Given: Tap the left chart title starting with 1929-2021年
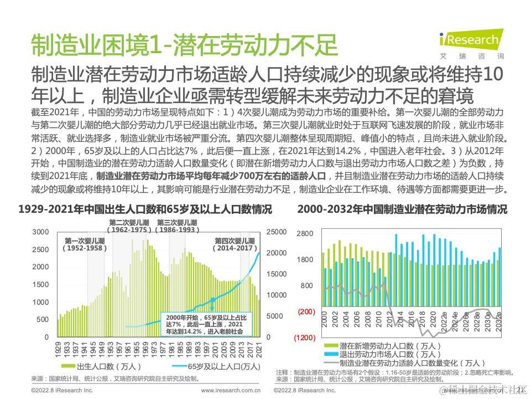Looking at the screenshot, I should coord(145,210).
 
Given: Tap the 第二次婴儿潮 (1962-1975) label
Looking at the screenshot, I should coord(129,226).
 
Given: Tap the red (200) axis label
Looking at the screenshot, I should coord(306,312).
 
